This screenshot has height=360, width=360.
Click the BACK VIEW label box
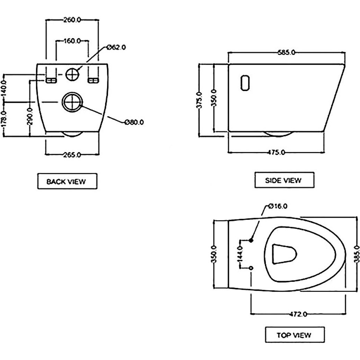tap(66, 181)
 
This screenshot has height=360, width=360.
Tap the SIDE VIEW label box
tap(283, 180)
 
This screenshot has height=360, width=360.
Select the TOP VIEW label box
tap(294, 335)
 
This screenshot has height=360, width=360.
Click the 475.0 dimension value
tap(276, 152)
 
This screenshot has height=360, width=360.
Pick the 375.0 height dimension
tap(199, 100)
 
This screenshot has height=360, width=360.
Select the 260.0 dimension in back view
tap(72, 20)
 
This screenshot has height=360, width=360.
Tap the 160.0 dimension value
tap(72, 41)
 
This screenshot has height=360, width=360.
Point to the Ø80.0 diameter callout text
tap(134, 122)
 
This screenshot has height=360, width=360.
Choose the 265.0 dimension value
tap(72, 155)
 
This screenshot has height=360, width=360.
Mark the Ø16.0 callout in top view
tap(277, 206)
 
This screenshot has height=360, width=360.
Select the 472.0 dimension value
tap(298, 314)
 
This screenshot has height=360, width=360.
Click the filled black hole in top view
tap(251, 240)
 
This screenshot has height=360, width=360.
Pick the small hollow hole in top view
tap(251, 268)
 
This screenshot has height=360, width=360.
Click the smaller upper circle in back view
tap(72, 74)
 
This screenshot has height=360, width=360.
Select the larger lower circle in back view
tap(72, 102)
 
